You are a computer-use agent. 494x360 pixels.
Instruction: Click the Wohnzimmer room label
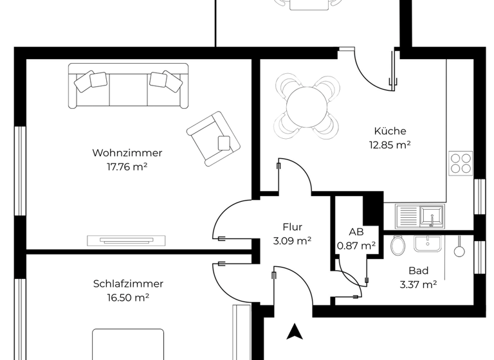[x=127, y=153]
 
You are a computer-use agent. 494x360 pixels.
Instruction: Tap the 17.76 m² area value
[x=127, y=167]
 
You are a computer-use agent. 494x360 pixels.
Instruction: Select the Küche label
[x=390, y=131]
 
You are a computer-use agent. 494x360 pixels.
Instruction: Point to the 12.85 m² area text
[x=390, y=145]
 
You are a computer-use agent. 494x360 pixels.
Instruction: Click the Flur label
[x=292, y=227]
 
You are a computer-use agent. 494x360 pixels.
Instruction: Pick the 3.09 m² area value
[x=292, y=241]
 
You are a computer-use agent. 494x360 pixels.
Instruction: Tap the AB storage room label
[x=356, y=231]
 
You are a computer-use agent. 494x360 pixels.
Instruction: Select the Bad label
[x=418, y=271]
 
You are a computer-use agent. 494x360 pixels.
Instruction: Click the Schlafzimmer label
[x=128, y=283]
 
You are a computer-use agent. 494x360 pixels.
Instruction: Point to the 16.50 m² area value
[x=128, y=298]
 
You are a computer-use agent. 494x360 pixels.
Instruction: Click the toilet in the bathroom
[x=396, y=245]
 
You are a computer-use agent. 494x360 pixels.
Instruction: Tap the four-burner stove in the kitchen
[x=461, y=163]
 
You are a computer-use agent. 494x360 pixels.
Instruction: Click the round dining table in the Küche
[x=306, y=106]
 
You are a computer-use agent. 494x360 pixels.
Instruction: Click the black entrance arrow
[x=295, y=331]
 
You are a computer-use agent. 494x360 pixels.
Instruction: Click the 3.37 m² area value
[x=418, y=285]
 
